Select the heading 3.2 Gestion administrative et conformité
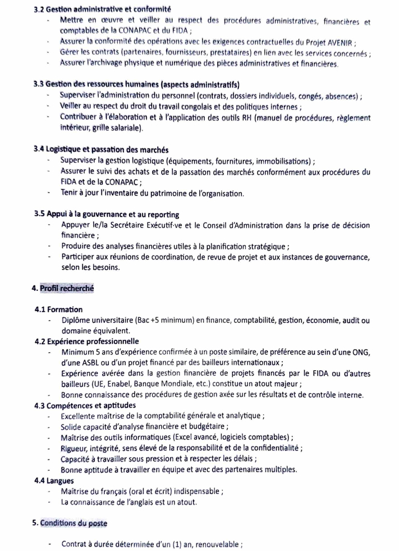pos(102,10)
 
